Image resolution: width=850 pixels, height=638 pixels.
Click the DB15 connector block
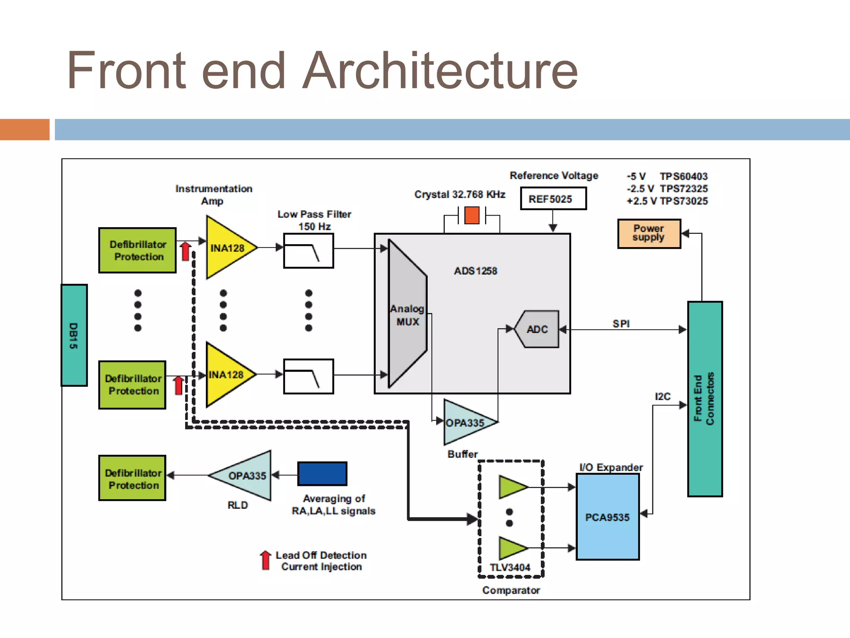tap(74, 335)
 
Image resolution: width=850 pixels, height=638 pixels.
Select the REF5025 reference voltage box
tap(553, 199)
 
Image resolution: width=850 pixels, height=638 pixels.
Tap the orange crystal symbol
tap(472, 215)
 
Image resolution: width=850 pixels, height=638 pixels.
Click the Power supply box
tap(649, 233)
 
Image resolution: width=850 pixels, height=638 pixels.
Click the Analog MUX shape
tap(407, 314)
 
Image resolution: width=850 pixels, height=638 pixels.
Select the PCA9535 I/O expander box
tap(607, 517)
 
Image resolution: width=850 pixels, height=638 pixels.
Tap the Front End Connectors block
tap(705, 399)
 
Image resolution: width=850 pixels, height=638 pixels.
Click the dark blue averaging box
tap(322, 474)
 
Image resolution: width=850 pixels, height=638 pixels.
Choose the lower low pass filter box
tap(308, 376)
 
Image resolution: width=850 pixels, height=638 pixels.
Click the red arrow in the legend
tap(266, 560)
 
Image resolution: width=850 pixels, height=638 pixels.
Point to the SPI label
tap(621, 324)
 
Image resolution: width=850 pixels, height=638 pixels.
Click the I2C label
tap(662, 396)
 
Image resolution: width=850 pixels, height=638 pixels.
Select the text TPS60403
tap(684, 176)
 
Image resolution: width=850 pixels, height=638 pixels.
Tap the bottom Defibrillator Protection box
tap(132, 478)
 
